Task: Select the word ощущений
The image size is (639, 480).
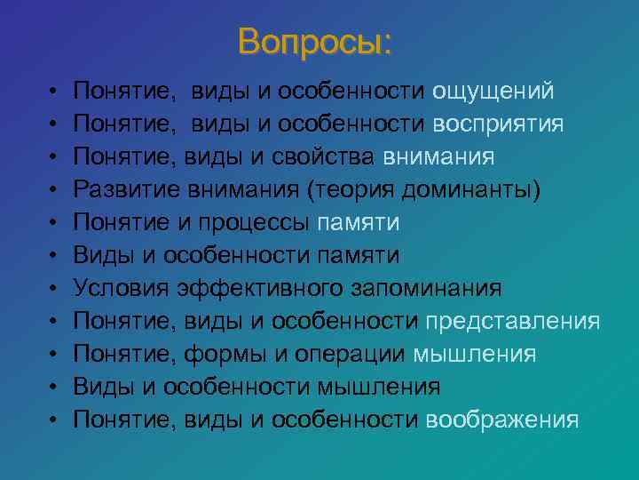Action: [493, 91]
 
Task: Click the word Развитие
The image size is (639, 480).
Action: [121, 189]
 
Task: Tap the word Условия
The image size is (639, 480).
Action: [121, 288]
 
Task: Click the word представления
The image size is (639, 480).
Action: [513, 321]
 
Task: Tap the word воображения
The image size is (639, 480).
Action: [502, 420]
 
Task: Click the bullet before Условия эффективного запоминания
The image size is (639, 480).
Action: [54, 289]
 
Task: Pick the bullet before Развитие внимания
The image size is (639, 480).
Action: [54, 190]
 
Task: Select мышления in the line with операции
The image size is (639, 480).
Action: [475, 354]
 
